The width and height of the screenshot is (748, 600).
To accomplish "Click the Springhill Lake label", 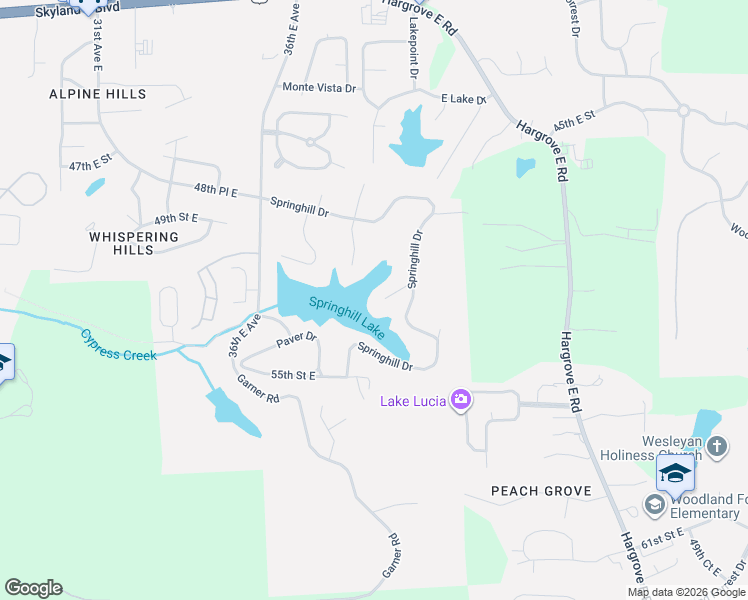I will pos(346,315).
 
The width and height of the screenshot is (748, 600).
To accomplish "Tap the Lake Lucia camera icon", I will pos(461,400).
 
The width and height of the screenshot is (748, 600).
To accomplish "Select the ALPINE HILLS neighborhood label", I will pos(98,94).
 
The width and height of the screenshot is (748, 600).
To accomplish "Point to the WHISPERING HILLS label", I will pos(133,243).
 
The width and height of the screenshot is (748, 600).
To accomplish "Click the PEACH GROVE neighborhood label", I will pos(541,491).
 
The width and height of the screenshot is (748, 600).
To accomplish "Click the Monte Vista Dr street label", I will pos(319,88).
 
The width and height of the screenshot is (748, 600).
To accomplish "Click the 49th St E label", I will pos(176,218).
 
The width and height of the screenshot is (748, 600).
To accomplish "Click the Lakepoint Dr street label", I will pos(411,48).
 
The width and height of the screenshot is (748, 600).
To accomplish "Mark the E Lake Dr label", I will pos(464,99).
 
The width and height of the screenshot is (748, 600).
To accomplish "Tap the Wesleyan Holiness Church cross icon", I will pos(716,447).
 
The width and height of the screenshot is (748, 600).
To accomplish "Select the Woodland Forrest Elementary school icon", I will pos(655,505).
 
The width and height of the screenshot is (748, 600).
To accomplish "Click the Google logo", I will pos(33,588).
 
